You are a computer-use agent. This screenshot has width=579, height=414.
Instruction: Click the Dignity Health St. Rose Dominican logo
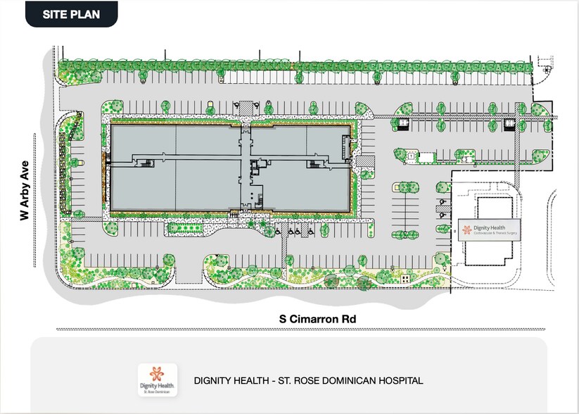coord(156,381)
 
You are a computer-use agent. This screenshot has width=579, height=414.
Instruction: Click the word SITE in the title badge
coord(56,14)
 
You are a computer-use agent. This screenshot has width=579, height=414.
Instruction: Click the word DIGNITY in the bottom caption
coord(212,381)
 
